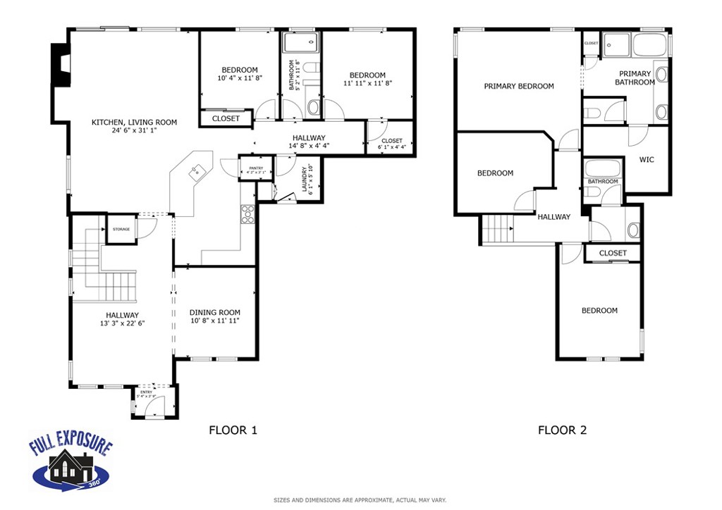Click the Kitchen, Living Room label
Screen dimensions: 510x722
134,122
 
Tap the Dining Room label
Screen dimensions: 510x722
214,313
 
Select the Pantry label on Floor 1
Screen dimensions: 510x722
251,167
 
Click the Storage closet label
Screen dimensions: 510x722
121,230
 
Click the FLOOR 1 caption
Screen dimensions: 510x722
233,430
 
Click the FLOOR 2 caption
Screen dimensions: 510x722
562,430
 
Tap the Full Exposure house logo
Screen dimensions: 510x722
70,462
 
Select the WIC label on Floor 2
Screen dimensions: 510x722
646,160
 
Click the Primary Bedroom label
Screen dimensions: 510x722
518,87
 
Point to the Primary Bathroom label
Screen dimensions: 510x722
635,78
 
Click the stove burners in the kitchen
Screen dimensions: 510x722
247,213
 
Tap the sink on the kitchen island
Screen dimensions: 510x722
198,170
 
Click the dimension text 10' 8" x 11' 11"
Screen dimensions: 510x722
214,321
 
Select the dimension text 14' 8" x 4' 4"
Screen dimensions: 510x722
309,146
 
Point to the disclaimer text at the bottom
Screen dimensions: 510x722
360,500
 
